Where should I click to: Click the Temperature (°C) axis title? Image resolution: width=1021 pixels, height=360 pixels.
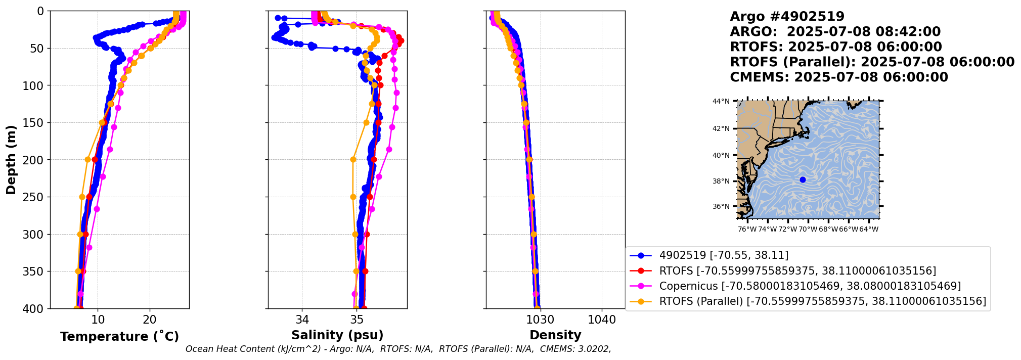pyautogui.click(x=119, y=337)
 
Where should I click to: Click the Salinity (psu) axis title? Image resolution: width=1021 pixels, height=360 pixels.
pyautogui.click(x=337, y=335)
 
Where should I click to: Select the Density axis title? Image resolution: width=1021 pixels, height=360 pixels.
pyautogui.click(x=555, y=335)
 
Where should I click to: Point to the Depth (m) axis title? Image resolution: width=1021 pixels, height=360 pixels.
pyautogui.click(x=11, y=159)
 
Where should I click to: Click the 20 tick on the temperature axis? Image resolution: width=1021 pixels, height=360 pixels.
pyautogui.click(x=150, y=320)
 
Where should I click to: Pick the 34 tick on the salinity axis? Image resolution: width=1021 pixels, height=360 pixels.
pyautogui.click(x=302, y=320)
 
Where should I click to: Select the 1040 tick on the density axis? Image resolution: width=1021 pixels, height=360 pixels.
pyautogui.click(x=602, y=320)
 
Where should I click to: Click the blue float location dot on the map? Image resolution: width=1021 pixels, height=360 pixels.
pyautogui.click(x=803, y=180)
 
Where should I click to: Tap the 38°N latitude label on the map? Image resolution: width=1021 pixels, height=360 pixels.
pyautogui.click(x=721, y=182)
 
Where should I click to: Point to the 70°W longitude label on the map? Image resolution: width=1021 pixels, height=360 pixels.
pyautogui.click(x=808, y=229)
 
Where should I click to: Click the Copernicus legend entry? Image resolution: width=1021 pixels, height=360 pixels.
pyautogui.click(x=810, y=286)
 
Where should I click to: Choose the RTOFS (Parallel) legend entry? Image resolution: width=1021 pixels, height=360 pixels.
pyautogui.click(x=822, y=301)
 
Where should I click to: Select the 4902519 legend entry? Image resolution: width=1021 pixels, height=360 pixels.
pyautogui.click(x=724, y=256)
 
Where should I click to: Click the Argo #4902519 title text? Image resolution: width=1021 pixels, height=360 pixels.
pyautogui.click(x=787, y=17)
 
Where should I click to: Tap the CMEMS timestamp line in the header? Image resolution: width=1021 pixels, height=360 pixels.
pyautogui.click(x=838, y=77)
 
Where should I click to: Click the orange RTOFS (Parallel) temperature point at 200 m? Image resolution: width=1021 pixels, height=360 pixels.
pyautogui.click(x=88, y=160)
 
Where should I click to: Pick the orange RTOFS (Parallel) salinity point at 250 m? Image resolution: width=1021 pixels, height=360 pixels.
pyautogui.click(x=353, y=197)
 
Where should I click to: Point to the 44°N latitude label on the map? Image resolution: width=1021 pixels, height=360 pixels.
pyautogui.click(x=721, y=101)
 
